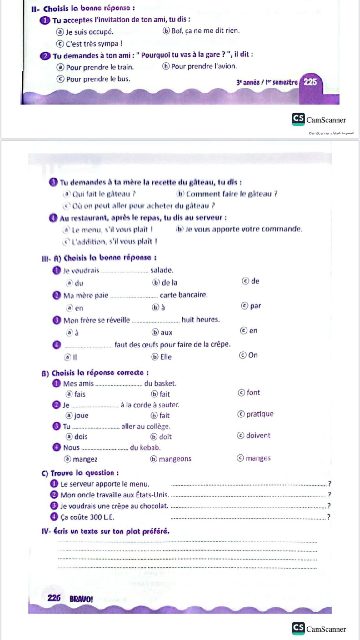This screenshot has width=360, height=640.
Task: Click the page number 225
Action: click(310, 82)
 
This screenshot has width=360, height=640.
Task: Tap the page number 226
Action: click(54, 598)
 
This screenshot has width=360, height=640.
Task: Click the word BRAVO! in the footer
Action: click(81, 599)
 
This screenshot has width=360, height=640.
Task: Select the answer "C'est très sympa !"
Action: click(94, 44)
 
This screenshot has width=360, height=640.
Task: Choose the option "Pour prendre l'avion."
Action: click(204, 66)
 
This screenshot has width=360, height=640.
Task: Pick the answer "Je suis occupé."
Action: click(89, 32)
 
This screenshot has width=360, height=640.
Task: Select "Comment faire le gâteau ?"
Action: click(232, 194)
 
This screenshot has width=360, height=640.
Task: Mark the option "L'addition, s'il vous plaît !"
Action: click(114, 242)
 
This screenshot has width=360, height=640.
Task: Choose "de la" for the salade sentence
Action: click(169, 282)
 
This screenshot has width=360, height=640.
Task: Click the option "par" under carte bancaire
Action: click(255, 306)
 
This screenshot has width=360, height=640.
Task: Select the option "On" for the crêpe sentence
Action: click(253, 355)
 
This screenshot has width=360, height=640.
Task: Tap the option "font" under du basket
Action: click(253, 392)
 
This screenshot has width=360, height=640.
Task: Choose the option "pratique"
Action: click(260, 414)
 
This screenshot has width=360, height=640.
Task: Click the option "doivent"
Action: click(258, 435)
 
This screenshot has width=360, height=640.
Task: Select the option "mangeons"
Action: click(175, 459)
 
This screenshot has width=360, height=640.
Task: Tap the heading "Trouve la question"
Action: click(84, 473)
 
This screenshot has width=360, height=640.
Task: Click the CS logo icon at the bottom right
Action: click(298, 628)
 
